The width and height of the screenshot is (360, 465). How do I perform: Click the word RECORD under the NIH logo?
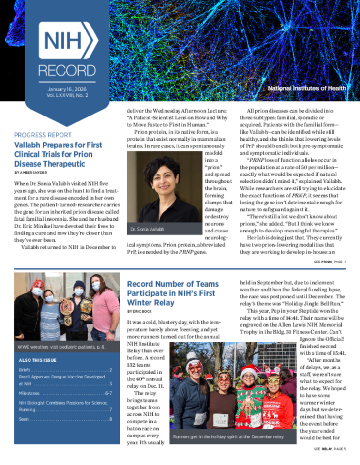67,70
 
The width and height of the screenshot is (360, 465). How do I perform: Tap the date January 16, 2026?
67,90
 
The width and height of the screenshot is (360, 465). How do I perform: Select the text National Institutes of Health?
307,88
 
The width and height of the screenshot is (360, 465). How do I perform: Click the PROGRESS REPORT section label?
43,135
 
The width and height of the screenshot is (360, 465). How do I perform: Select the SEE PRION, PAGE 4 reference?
330,262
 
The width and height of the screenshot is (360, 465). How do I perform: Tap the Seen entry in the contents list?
24,419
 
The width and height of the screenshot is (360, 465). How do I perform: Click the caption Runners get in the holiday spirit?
228,436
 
